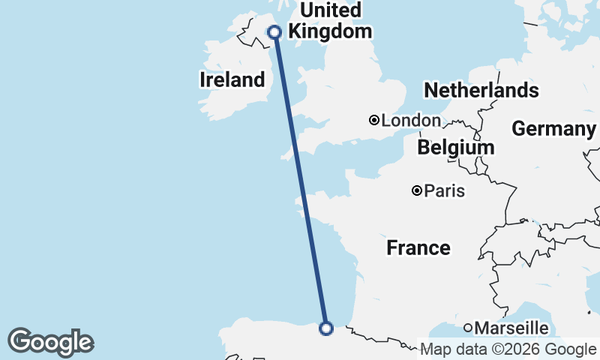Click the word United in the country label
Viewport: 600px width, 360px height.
(330, 10)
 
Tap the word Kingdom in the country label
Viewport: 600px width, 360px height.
(330, 31)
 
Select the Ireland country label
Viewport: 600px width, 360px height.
(232, 79)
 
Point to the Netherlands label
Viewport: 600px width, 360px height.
(481, 91)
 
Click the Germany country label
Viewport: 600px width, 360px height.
(553, 129)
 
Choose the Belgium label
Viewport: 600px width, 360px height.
(456, 148)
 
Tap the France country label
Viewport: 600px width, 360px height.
(418, 247)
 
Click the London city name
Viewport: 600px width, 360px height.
(411, 121)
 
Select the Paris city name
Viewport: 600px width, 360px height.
(444, 191)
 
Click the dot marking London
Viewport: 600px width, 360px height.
(373, 120)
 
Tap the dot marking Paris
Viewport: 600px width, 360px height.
(417, 191)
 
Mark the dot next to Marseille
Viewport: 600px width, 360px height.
(468, 328)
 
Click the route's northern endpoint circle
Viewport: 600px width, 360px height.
(274, 31)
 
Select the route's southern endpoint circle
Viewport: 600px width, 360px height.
(326, 328)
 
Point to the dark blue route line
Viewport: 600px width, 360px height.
(300, 180)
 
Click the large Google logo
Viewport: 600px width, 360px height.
(50, 342)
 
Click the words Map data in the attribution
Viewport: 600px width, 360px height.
(448, 349)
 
